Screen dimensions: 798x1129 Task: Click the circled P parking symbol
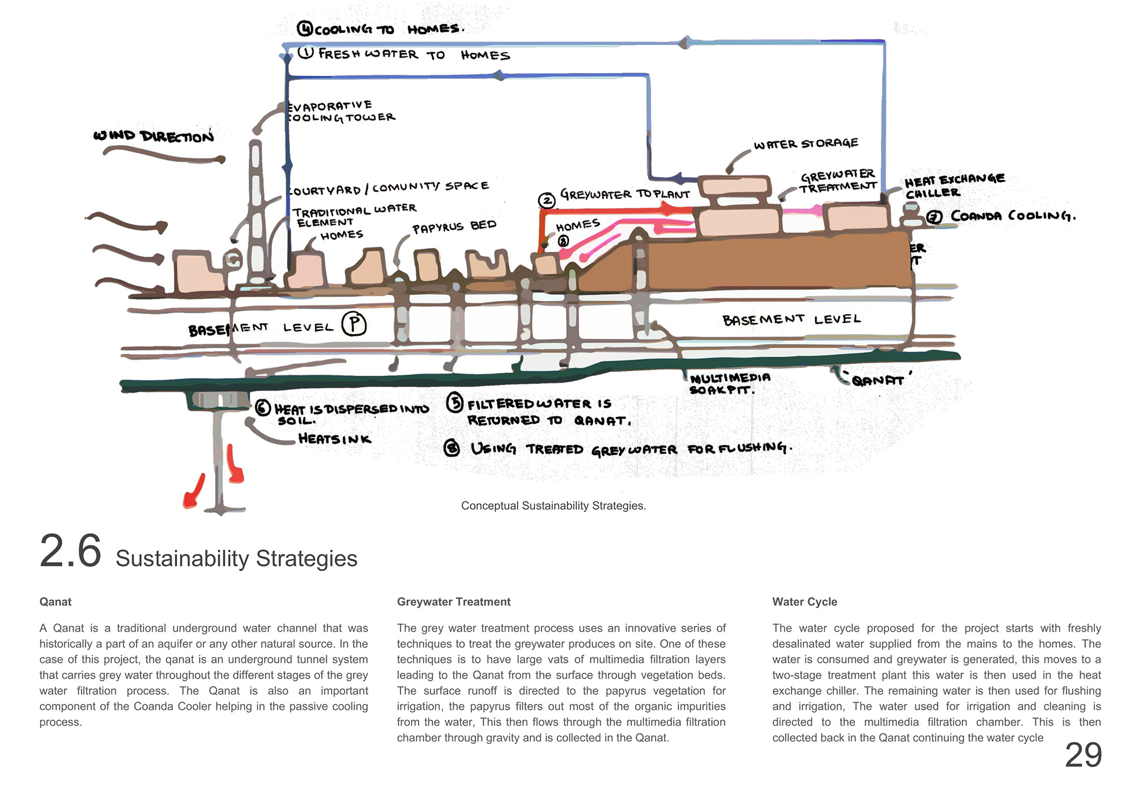pos(354,324)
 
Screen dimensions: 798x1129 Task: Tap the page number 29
pos(1083,755)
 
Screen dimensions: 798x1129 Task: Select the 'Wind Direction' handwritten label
pos(153,136)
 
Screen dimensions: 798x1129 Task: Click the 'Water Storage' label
pos(806,143)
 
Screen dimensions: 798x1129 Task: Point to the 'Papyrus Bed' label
pos(454,226)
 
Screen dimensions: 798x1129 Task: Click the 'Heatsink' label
pos(335,439)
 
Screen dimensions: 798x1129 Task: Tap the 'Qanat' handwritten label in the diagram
pos(878,380)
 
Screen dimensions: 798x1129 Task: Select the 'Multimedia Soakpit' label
pos(730,384)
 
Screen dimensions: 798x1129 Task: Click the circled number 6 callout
pos(263,408)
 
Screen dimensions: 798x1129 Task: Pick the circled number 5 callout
pos(455,403)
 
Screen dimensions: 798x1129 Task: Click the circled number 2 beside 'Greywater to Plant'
pos(547,201)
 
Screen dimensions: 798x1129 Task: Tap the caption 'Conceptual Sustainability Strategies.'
pos(553,506)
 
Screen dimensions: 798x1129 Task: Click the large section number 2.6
pos(71,552)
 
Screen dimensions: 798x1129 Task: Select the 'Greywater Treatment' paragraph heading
pos(453,602)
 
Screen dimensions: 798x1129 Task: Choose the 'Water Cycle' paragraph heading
pos(804,602)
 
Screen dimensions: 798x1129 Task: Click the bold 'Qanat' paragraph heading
pos(55,602)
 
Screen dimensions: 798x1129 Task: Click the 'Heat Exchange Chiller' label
pos(954,185)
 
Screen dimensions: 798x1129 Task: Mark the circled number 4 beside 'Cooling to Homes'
pos(305,28)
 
